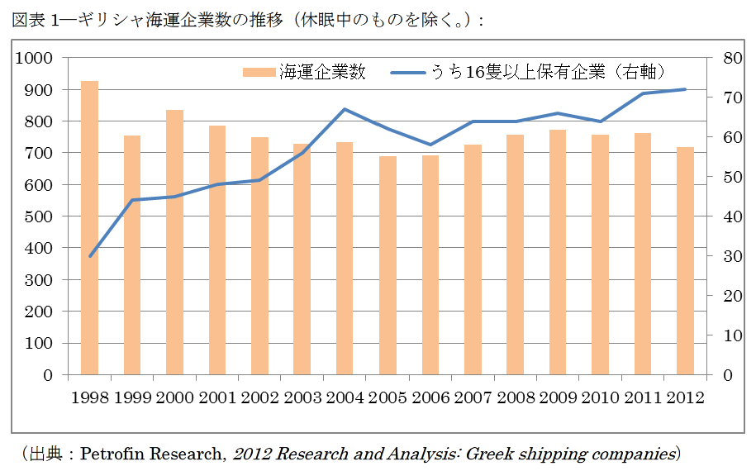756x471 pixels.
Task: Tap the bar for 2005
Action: pos(388,265)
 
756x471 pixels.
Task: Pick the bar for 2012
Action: pos(685,260)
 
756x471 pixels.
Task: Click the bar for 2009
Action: pos(558,252)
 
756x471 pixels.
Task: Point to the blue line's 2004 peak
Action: pos(345,109)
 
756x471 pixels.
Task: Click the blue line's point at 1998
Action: pos(90,256)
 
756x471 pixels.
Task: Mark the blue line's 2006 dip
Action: pos(430,145)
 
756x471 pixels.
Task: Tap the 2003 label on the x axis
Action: pos(302,397)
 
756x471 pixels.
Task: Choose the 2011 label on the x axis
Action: pos(642,397)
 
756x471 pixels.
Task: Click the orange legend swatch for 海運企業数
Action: pos(259,73)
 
